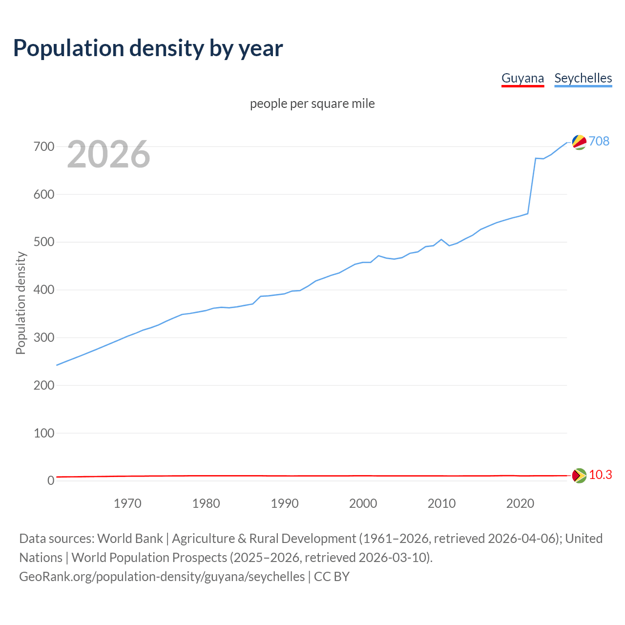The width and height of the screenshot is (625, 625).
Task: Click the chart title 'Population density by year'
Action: coord(148,48)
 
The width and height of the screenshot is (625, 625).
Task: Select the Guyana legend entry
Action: coord(522,78)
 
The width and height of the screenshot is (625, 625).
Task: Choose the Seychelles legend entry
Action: coord(583,78)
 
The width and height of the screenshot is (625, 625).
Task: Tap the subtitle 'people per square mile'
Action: coord(312,104)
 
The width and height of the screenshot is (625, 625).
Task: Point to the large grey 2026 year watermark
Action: coord(108,154)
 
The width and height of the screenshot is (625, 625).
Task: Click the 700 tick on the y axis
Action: coord(44,146)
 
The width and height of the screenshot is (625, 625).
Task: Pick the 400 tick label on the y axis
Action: coord(44,290)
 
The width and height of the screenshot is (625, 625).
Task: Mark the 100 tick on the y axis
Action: coord(44,433)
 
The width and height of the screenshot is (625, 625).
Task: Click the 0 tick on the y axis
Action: coord(51,481)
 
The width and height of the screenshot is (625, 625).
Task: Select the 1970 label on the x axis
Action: coord(127,503)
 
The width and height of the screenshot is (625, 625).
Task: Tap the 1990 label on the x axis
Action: coord(285,503)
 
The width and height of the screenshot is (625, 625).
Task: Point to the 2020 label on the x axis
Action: coord(520,503)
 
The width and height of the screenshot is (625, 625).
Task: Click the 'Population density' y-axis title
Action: coord(21,303)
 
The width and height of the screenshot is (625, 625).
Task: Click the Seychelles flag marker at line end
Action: coord(579,142)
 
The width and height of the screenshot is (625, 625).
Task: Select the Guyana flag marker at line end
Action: coord(579,476)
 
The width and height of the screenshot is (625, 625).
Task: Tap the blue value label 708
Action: coord(599,141)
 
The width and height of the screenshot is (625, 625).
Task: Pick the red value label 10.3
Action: coord(601,475)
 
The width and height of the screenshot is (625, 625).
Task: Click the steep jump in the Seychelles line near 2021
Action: coord(532,186)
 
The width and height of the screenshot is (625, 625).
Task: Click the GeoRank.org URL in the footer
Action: coord(162,577)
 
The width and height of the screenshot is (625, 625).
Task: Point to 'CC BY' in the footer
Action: coord(332,577)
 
